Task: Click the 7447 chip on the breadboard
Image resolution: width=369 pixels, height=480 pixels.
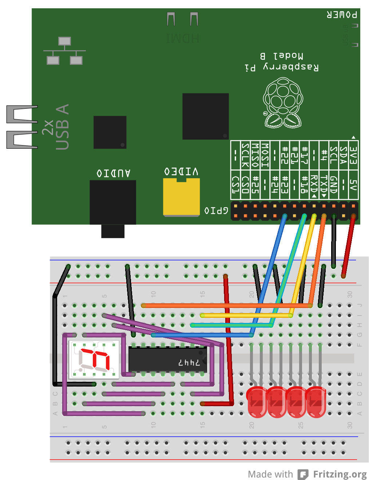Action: coord(168,359)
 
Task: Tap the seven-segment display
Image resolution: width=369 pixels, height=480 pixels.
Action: coord(94,359)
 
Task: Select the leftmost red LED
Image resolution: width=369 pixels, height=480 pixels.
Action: coord(257,401)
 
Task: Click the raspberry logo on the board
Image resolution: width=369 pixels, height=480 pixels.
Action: coord(283,104)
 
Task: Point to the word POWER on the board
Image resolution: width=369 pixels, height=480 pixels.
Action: coord(342,15)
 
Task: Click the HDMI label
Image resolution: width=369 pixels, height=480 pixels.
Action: coord(182,38)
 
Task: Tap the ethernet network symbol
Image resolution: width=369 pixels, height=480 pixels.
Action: coord(64,51)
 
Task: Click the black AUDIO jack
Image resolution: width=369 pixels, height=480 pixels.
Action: coord(113,202)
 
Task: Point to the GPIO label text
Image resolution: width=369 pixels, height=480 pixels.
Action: coord(216,211)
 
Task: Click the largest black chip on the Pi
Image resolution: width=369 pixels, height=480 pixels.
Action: coord(205,116)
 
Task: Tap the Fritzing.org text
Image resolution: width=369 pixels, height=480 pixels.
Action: coord(340,474)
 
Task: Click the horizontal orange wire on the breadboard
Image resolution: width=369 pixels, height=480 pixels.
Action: coord(226,305)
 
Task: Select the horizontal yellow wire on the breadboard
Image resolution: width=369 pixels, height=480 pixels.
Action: coord(246,315)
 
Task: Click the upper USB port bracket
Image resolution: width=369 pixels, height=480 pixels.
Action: coord(22,114)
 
